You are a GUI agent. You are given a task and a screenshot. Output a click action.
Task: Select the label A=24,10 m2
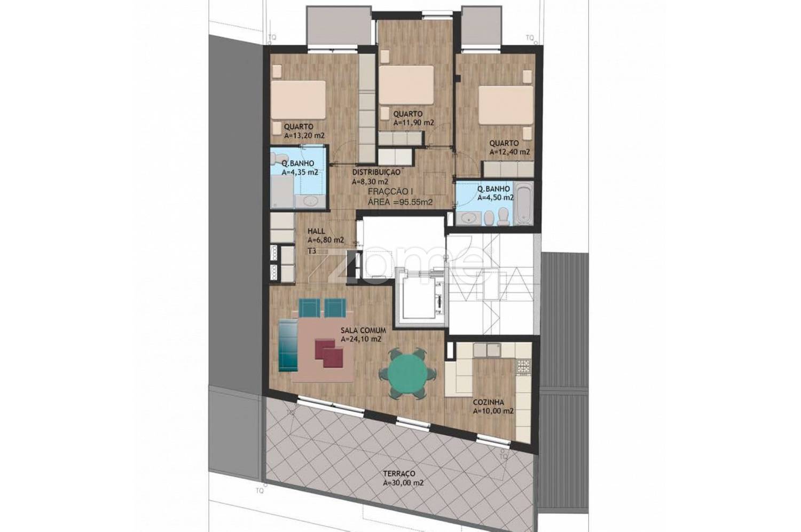pyautogui.click(x=361, y=339)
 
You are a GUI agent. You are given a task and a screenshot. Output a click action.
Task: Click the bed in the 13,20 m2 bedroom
pyautogui.click(x=298, y=100)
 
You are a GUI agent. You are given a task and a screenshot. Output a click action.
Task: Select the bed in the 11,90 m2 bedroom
pyautogui.click(x=406, y=85)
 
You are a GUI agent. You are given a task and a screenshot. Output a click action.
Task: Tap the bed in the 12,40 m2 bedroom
pyautogui.click(x=506, y=105)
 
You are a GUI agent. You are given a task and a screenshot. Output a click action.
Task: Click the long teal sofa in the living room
pyautogui.click(x=288, y=345)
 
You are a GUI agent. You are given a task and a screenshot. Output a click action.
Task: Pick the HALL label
pyautogui.click(x=317, y=231)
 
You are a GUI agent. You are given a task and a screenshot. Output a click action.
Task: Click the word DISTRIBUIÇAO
pyautogui.click(x=376, y=172)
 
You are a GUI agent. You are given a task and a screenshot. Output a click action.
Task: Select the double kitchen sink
pyautogui.click(x=487, y=350)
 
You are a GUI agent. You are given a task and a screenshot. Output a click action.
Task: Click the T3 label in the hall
pyautogui.click(x=312, y=251)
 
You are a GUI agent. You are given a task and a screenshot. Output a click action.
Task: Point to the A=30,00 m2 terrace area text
pyautogui.click(x=403, y=483)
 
